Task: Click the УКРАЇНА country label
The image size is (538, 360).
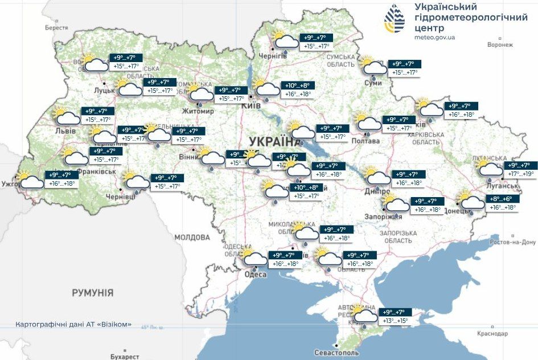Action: coord(274,141)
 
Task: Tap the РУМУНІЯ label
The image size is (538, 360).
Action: coord(92,293)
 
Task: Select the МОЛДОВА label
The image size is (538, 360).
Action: coord(192,237)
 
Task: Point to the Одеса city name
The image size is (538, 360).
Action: coord(256,275)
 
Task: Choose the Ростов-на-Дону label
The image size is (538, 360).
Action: coord(512,242)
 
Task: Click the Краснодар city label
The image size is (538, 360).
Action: coord(492,333)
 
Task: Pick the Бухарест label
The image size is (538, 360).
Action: coord(125,357)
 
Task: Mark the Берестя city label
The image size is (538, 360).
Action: coord(56,27)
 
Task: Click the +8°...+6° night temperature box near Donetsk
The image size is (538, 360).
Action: coord(500,199)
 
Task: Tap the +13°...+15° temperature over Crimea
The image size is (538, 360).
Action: coord(395,321)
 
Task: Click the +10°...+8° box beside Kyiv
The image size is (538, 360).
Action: coord(298,85)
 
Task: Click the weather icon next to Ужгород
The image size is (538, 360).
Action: coord(30,180)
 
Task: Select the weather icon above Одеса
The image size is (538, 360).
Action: coord(253,259)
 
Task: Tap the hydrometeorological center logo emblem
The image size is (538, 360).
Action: coord(394,19)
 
